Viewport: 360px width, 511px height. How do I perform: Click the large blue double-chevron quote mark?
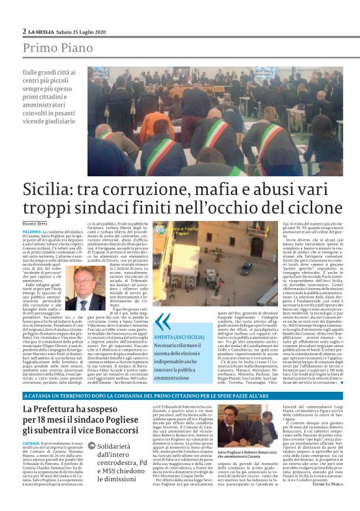point(163,321)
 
